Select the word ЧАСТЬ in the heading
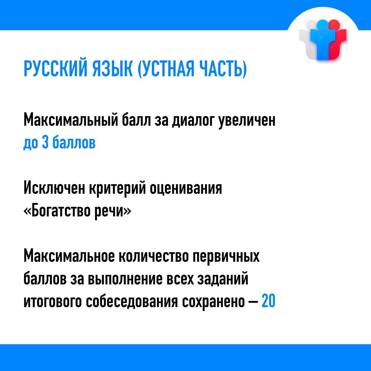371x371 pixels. (223, 69)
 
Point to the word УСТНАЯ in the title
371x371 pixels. (166, 69)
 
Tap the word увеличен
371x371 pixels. (247, 121)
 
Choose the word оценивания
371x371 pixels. (186, 189)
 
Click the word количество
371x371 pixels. (153, 256)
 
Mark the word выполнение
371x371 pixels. (125, 279)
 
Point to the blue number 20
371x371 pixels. (269, 301)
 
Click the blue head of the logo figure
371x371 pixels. (322, 24)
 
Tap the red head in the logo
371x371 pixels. (334, 24)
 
